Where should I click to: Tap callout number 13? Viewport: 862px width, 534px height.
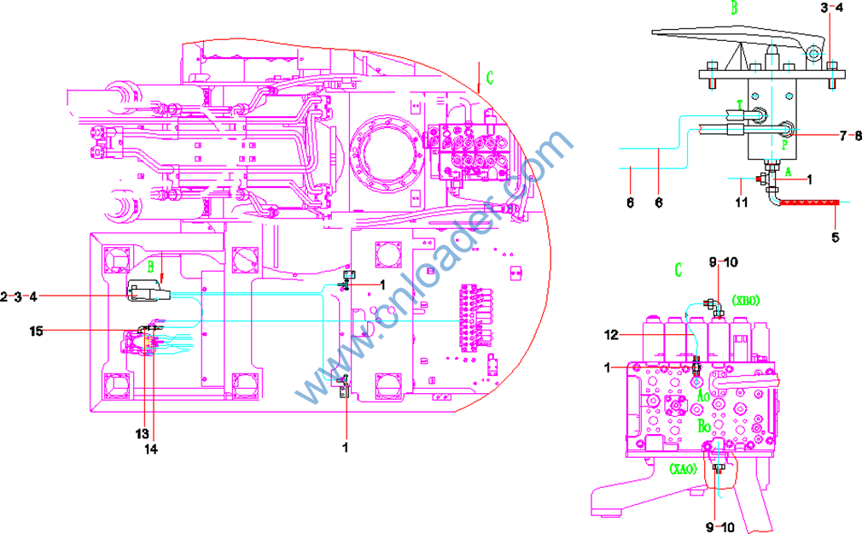pos(142,433)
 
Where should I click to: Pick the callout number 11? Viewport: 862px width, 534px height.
pos(741,203)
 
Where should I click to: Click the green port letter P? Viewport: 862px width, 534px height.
pos(783,144)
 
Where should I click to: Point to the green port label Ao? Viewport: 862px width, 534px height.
pos(703,396)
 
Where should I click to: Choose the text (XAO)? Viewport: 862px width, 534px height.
pos(684,469)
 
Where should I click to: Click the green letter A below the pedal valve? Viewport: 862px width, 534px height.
pos(788,170)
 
